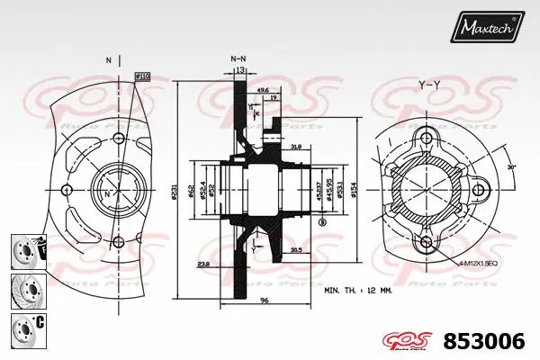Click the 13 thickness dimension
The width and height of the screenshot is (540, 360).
click(238, 68)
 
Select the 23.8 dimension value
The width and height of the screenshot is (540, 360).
click(205, 265)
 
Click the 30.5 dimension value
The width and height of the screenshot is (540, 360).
click(294, 251)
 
